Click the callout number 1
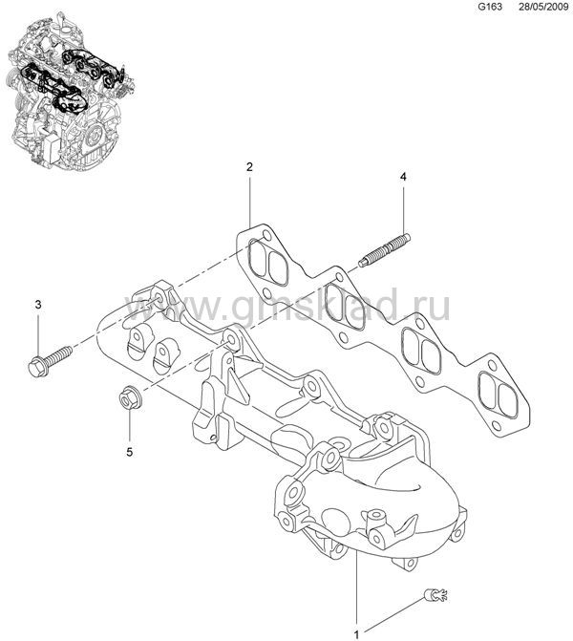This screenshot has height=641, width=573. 356,634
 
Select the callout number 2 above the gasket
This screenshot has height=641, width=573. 249,166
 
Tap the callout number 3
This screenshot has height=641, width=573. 38,305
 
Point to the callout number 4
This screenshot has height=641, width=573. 403,177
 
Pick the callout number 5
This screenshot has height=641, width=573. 129,452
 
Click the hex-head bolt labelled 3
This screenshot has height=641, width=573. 50,360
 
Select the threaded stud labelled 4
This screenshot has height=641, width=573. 385,249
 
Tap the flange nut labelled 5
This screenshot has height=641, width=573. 128,397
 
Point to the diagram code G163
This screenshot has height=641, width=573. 490,7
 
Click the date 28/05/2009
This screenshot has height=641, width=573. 543,7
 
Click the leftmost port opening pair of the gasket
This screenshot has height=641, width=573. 268,262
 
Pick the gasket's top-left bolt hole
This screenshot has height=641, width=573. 266,235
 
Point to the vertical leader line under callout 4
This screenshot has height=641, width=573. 403,208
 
